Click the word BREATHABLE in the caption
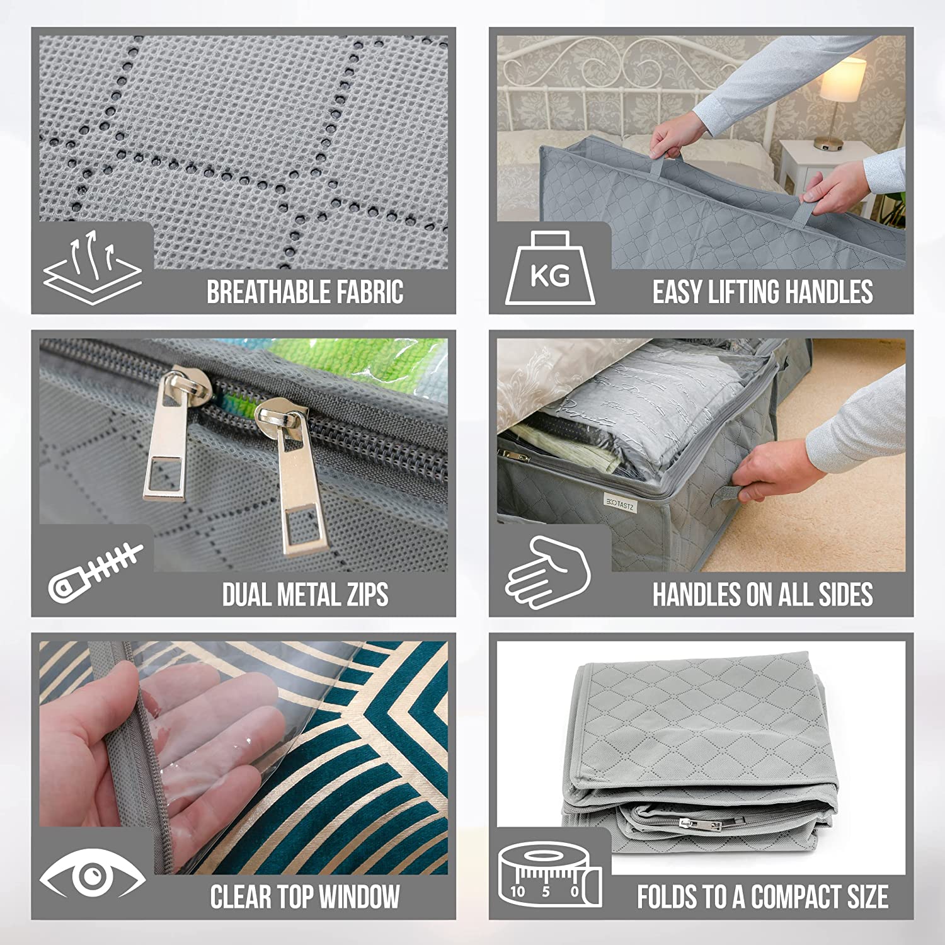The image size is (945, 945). pos(268,292)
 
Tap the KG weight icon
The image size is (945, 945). pos(550,268)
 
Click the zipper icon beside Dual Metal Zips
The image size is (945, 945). pos(94,572)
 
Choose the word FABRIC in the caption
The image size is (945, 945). pos(370,292)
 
